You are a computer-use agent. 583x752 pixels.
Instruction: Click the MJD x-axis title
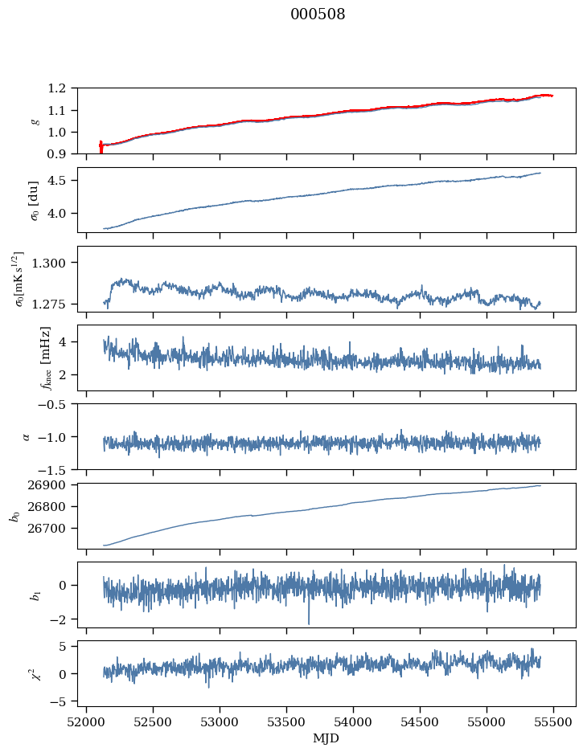tap(326, 738)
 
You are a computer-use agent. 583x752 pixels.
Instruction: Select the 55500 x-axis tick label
tap(554, 722)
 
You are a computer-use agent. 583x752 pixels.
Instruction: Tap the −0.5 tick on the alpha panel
tap(55, 404)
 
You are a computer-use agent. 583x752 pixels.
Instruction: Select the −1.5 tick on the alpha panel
tap(55, 469)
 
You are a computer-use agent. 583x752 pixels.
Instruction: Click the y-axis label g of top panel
tap(35, 121)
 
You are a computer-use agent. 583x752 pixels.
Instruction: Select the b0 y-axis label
tap(14, 515)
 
